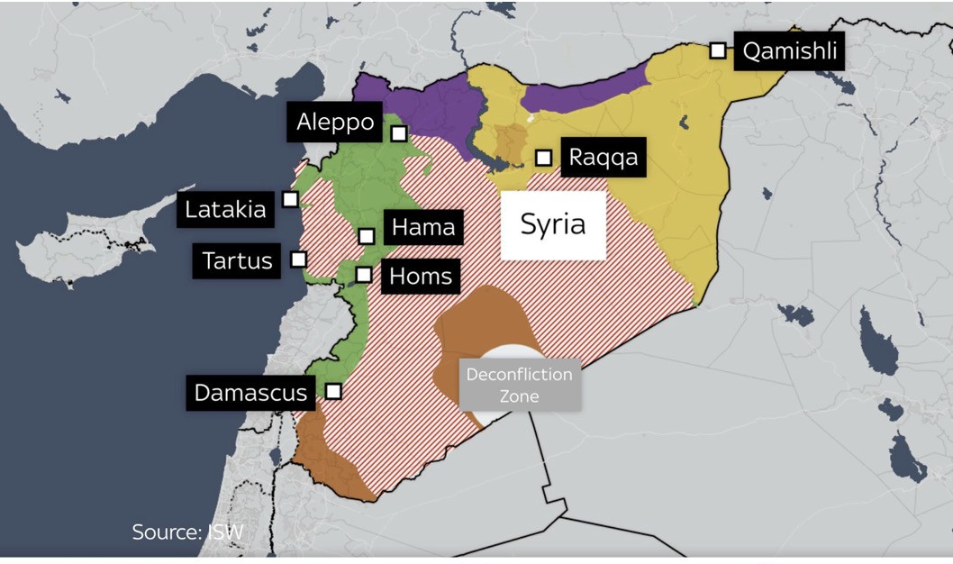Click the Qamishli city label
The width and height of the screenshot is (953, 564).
790,51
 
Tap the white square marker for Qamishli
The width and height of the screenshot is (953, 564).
718,50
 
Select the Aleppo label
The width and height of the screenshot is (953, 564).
335,122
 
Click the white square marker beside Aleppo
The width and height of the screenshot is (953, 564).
399,133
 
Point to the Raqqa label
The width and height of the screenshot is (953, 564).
604,158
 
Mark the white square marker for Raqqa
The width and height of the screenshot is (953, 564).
543,158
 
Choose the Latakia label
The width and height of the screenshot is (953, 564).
225,210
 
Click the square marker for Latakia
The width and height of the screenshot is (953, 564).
290,198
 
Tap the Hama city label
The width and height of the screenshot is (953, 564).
423,227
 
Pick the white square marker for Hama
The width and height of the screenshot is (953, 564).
367,236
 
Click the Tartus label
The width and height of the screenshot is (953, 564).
237,261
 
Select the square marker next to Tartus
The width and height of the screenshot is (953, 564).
298,259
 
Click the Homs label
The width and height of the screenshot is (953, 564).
422,276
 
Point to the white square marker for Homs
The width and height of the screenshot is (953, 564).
364,275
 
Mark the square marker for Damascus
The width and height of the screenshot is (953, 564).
333,391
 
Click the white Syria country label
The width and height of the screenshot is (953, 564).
553,225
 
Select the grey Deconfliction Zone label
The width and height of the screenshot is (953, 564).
520,385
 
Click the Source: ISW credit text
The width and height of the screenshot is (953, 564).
187,532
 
